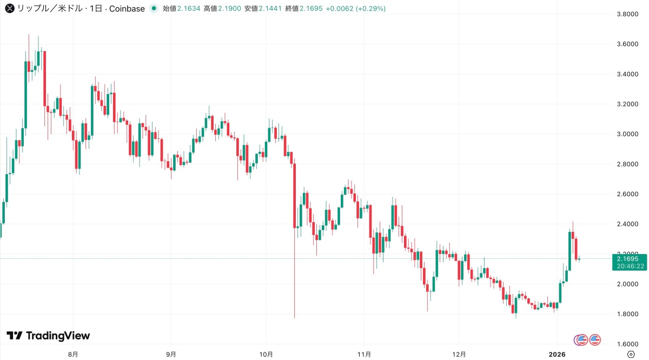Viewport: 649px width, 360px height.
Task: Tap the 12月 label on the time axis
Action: point(459,355)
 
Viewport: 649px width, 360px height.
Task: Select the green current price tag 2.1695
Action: point(628,259)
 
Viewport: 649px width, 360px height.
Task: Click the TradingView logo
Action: point(48,336)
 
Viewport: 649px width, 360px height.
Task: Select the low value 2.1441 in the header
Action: point(270,9)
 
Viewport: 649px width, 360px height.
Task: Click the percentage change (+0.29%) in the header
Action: point(370,9)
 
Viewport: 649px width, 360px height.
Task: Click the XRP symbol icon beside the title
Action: point(9,9)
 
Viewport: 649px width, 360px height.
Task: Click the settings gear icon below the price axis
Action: point(630,354)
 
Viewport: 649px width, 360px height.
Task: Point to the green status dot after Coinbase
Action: point(155,9)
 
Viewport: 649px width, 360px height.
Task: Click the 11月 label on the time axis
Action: point(364,355)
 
